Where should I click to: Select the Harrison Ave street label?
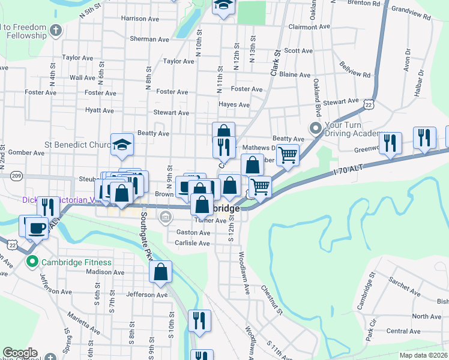[142, 19]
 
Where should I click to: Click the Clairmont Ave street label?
[309, 27]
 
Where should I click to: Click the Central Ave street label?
[403, 331]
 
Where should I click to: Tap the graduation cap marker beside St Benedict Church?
[122, 144]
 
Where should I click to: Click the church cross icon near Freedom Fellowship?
[56, 29]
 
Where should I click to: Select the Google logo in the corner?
[20, 353]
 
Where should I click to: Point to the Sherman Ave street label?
[150, 40]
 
